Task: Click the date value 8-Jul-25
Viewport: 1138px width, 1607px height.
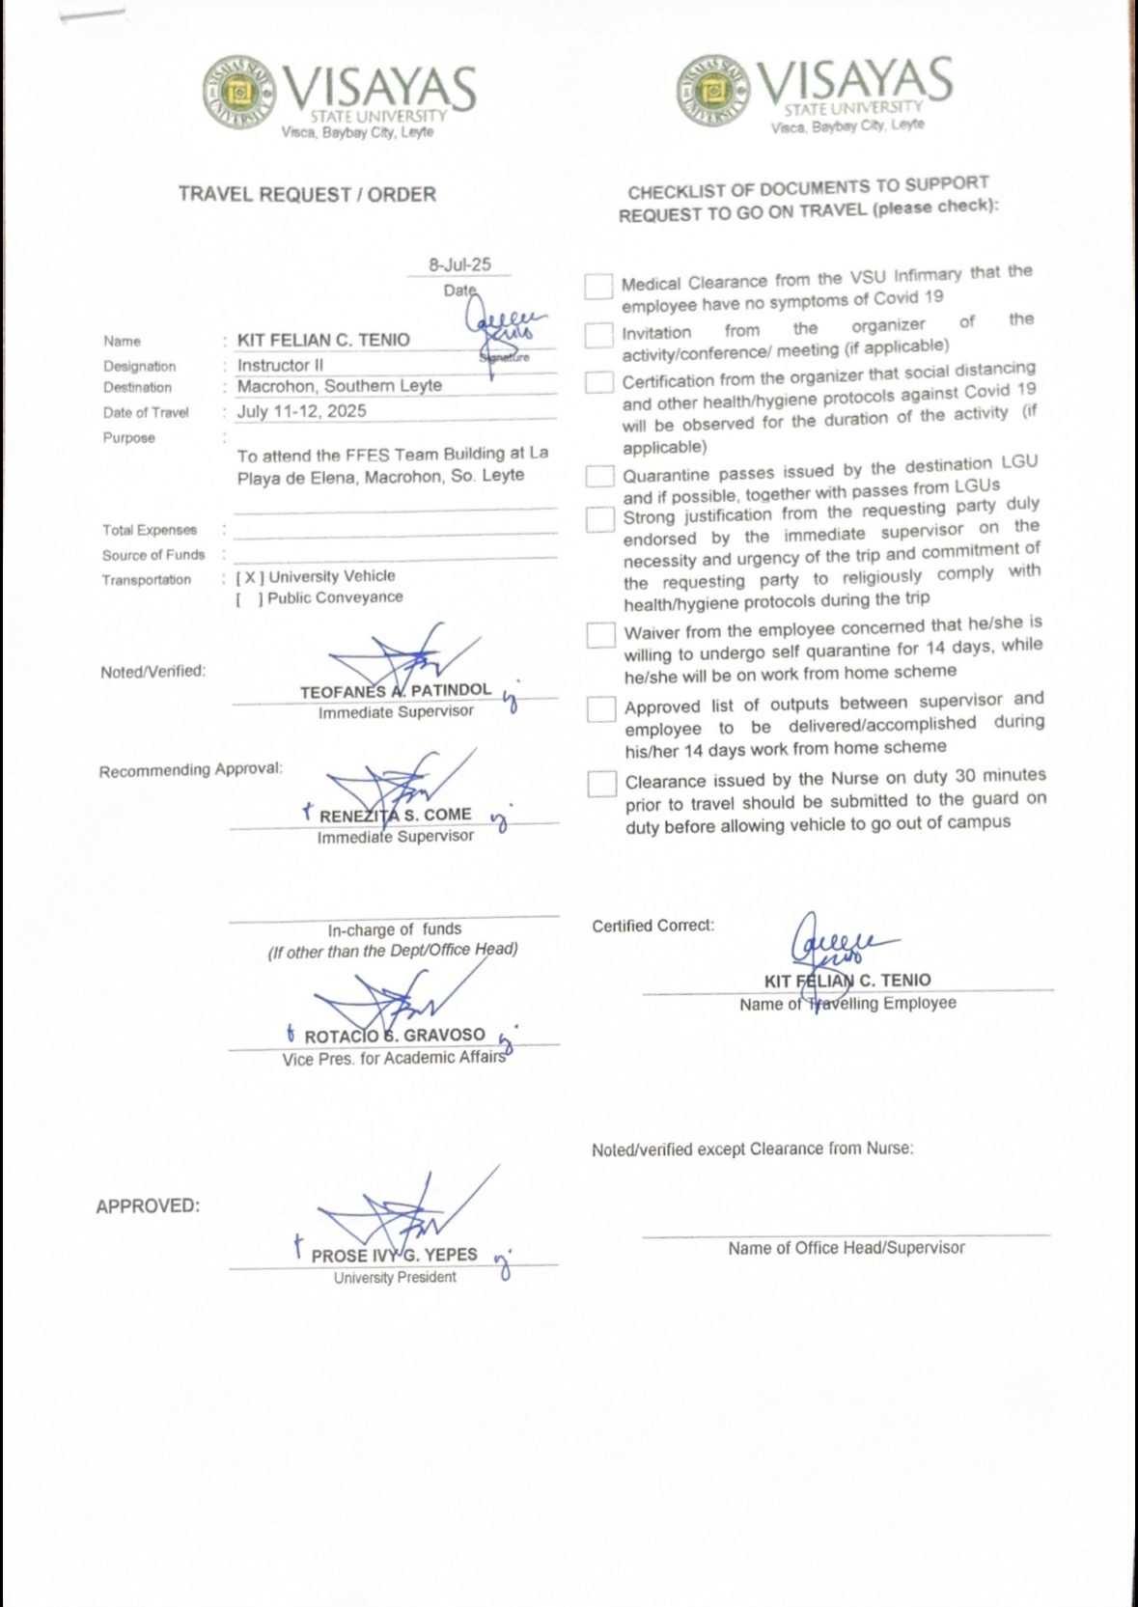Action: click(459, 264)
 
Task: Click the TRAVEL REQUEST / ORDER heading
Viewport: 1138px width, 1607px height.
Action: click(307, 195)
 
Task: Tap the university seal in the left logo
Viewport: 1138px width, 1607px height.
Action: click(238, 93)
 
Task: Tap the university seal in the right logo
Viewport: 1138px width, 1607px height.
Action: click(713, 91)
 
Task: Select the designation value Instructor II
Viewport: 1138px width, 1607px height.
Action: click(280, 365)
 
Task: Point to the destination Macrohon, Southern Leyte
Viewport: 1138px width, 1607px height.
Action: click(339, 386)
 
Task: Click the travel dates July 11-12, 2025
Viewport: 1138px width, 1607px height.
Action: click(301, 411)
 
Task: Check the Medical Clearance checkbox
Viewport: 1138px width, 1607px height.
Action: click(598, 286)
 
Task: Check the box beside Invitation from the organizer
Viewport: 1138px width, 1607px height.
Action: click(599, 334)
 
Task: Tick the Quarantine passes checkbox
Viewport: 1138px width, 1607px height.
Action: click(600, 476)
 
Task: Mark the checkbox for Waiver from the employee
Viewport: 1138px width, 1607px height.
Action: click(601, 634)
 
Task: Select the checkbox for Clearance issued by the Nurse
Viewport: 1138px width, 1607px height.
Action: click(602, 783)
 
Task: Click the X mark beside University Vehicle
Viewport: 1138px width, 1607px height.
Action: click(250, 577)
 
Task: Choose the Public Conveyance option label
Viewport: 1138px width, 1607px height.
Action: click(335, 598)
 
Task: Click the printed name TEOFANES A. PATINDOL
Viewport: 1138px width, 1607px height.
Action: click(395, 691)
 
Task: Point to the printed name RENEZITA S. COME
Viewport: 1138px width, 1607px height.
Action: click(395, 816)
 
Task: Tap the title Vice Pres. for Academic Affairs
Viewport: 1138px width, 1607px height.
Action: click(394, 1059)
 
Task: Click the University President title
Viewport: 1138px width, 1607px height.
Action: click(395, 1278)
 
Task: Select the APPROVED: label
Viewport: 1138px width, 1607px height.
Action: click(148, 1206)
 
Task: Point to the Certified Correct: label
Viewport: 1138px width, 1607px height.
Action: click(652, 926)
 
